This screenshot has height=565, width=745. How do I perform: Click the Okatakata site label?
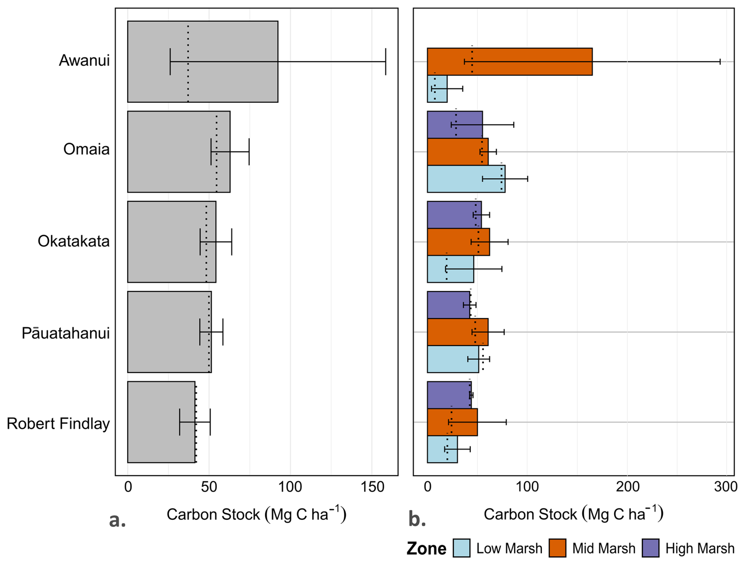(74, 241)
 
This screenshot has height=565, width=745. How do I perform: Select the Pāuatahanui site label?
(65, 333)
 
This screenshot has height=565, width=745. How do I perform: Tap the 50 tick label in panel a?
(209, 487)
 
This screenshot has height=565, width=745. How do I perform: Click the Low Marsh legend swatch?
(461, 548)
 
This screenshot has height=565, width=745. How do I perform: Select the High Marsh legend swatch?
(650, 548)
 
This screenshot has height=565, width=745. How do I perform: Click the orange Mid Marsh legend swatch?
(558, 548)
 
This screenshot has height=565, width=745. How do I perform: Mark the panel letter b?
(417, 519)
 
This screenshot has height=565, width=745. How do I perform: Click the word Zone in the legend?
(426, 548)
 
